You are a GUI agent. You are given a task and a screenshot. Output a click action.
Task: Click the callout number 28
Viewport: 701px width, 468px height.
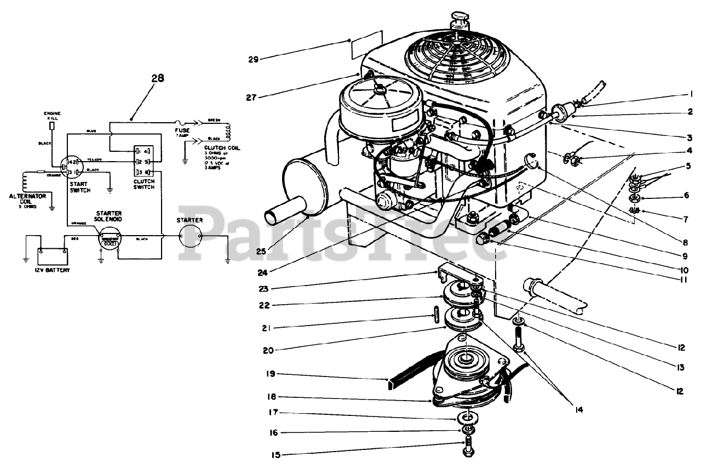tap(158, 78)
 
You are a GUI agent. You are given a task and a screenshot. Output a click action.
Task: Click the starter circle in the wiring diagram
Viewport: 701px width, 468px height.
tap(191, 237)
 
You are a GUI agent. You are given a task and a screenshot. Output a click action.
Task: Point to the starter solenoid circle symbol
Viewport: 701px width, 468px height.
tap(109, 239)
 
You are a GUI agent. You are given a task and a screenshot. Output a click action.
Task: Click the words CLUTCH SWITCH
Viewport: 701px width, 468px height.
tap(144, 184)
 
